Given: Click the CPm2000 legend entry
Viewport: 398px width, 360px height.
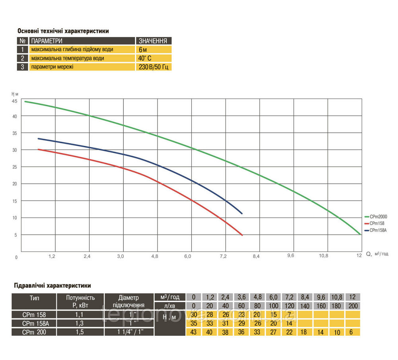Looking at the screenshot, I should (x=378, y=217).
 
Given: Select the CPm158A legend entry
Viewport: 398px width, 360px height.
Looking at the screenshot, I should (x=378, y=230).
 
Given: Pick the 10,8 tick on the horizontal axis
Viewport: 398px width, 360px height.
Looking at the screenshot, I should (x=324, y=256).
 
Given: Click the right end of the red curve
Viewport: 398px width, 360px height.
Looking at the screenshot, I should (x=242, y=235).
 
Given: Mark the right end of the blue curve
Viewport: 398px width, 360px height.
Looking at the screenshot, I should (x=242, y=214).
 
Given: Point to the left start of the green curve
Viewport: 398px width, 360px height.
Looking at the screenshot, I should (x=25, y=101).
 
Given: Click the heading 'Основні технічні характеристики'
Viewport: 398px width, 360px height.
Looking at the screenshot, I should (x=63, y=31).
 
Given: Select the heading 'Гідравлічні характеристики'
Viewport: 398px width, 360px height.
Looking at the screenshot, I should (x=52, y=285).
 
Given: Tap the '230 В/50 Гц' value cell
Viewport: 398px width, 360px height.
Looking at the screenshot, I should (x=154, y=67).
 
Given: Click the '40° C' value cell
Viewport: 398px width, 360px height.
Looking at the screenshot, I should (x=154, y=58).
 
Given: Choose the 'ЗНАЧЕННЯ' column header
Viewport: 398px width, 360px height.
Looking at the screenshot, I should (x=154, y=41).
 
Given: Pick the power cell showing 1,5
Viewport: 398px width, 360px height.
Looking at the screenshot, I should (x=80, y=331).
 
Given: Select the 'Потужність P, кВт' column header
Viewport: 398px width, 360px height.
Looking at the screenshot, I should (x=80, y=302).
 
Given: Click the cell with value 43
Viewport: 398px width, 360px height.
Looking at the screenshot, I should (x=194, y=332).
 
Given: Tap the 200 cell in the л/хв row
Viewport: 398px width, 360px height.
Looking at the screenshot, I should (x=352, y=306).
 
